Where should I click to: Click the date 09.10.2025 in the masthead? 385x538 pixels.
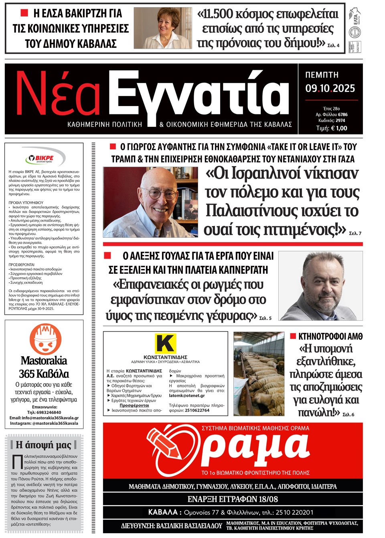330,88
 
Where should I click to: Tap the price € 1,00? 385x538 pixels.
332,128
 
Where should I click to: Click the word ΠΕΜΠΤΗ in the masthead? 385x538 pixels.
322,75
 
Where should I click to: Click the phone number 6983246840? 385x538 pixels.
44,412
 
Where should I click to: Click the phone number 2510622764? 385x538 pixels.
197,410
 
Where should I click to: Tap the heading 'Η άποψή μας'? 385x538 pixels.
43,445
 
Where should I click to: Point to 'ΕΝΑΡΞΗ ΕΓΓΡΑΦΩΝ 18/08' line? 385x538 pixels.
233,499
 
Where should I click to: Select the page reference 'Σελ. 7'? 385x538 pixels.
355,233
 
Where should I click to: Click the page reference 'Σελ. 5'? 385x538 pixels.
265,318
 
